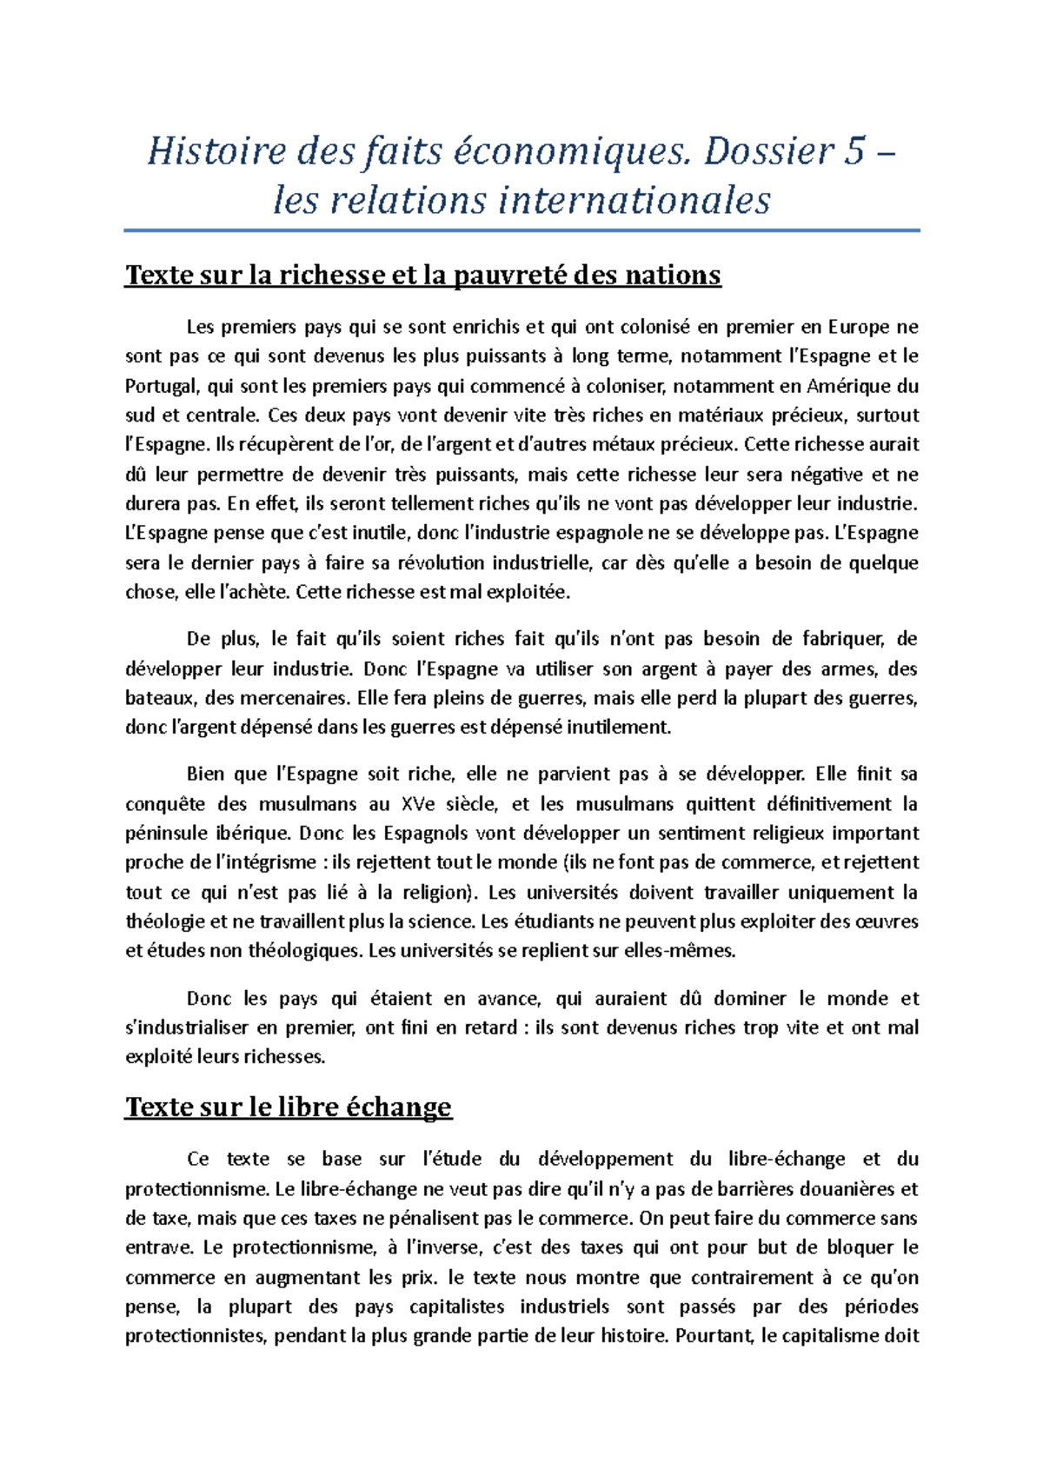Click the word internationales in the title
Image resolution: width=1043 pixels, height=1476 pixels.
click(x=634, y=201)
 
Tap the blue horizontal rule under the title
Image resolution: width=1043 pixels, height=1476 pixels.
click(x=521, y=230)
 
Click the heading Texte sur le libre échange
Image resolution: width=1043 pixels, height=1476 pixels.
click(x=289, y=1107)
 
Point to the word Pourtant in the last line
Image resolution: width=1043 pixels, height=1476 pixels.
click(x=714, y=1337)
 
